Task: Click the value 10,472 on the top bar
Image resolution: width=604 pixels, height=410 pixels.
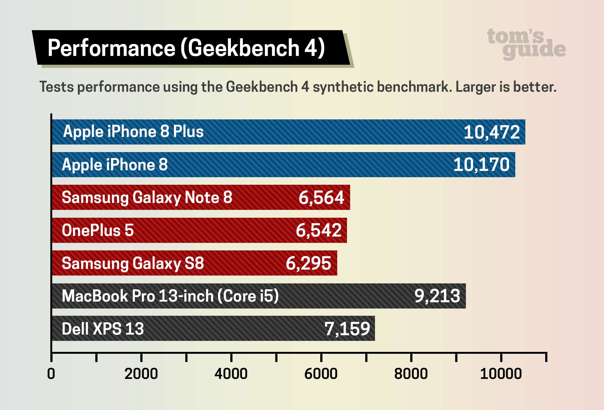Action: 491,132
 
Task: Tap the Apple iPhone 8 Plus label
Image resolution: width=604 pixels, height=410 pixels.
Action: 133,132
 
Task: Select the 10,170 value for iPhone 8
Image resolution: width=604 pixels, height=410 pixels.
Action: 481,165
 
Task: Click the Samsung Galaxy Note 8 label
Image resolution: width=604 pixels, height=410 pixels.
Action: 147,198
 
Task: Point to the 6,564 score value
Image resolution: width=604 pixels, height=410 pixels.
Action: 321,198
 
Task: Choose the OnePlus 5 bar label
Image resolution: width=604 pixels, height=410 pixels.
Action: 98,230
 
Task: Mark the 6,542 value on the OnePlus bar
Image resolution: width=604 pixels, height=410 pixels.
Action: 318,231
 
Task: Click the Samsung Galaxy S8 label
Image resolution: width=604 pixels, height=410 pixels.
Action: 133,263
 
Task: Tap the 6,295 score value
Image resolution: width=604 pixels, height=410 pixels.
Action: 308,263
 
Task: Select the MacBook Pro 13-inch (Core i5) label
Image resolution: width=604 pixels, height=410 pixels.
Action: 170,296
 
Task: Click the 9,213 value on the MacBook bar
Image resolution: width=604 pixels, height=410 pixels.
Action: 437,296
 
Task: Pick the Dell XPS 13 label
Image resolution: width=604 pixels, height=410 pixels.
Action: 103,329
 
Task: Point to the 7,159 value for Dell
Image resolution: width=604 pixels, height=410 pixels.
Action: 347,329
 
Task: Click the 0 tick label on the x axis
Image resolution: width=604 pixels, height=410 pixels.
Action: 51,374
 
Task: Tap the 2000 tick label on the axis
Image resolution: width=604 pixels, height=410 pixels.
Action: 141,374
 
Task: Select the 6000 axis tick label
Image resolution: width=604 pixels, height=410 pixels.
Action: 321,374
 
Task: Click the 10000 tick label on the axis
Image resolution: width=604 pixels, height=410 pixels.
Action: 501,374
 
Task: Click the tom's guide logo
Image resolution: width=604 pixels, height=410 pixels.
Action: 526,44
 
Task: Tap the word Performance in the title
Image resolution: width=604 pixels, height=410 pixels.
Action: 111,48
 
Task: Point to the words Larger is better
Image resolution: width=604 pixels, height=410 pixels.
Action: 506,87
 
